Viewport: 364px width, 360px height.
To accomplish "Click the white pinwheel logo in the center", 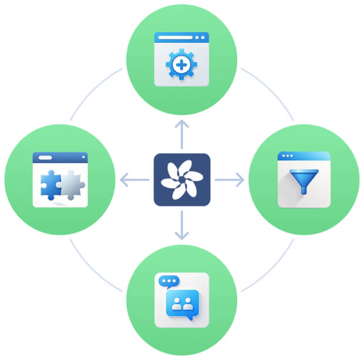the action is (181, 179).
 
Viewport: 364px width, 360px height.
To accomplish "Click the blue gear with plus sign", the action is (181, 64).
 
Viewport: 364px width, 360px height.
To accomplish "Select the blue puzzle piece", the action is (50, 184).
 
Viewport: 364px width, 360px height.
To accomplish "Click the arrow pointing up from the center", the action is (182, 133).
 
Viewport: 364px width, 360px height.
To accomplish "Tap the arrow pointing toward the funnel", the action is (230, 179).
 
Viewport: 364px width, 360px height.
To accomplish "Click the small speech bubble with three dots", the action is (168, 281).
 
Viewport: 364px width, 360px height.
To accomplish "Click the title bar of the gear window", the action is (181, 37).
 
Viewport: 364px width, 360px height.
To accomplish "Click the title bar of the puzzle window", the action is (60, 158).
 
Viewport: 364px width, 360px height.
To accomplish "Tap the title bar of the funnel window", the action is (304, 157).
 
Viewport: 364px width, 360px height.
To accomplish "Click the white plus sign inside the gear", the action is (181, 64).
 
